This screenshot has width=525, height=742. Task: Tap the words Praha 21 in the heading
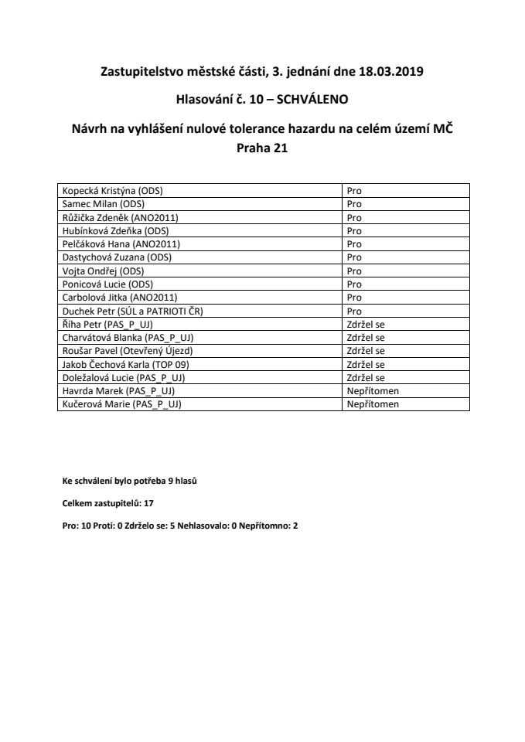coord(262,150)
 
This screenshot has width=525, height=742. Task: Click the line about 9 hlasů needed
coord(130,480)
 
